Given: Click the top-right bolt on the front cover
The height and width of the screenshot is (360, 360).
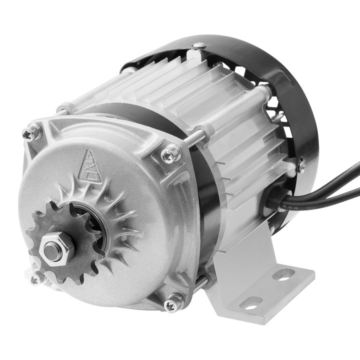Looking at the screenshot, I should tap(170, 154).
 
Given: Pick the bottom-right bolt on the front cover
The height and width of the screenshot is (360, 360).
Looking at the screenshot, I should tap(173, 302).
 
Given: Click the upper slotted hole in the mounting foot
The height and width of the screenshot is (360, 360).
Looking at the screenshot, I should tap(283, 274).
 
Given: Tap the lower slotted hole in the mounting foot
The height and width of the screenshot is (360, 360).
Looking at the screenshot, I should tap(251, 302).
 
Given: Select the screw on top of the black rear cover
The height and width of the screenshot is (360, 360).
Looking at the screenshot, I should tap(199, 46).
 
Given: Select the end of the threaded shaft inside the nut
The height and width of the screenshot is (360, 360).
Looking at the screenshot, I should tap(52, 250).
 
